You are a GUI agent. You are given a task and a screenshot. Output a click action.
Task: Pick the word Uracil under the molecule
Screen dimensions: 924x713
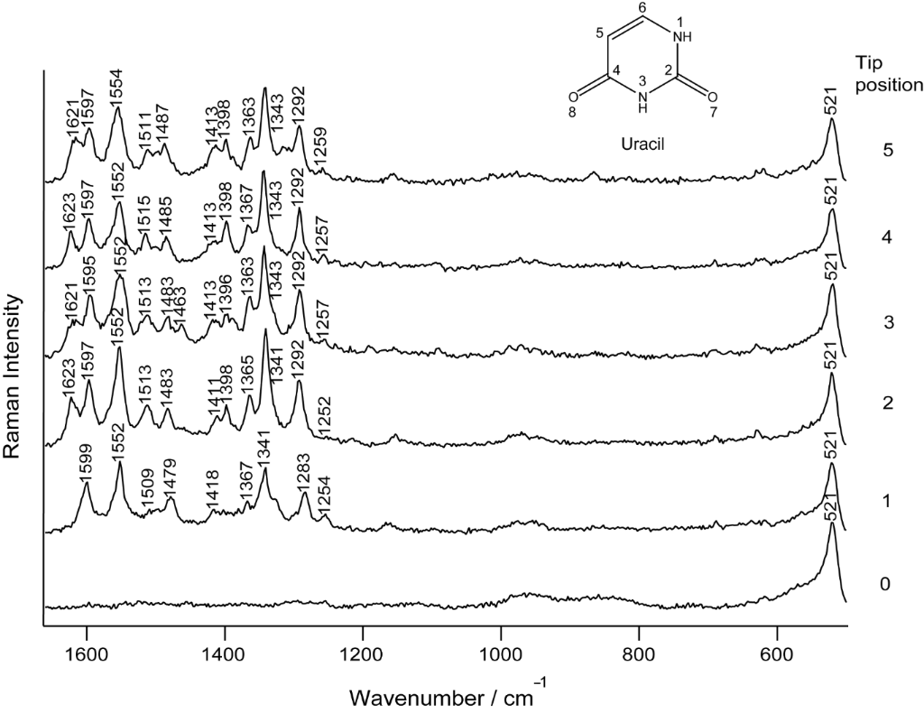click(642, 144)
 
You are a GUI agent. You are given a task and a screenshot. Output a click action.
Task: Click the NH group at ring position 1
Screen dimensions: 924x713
click(682, 36)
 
